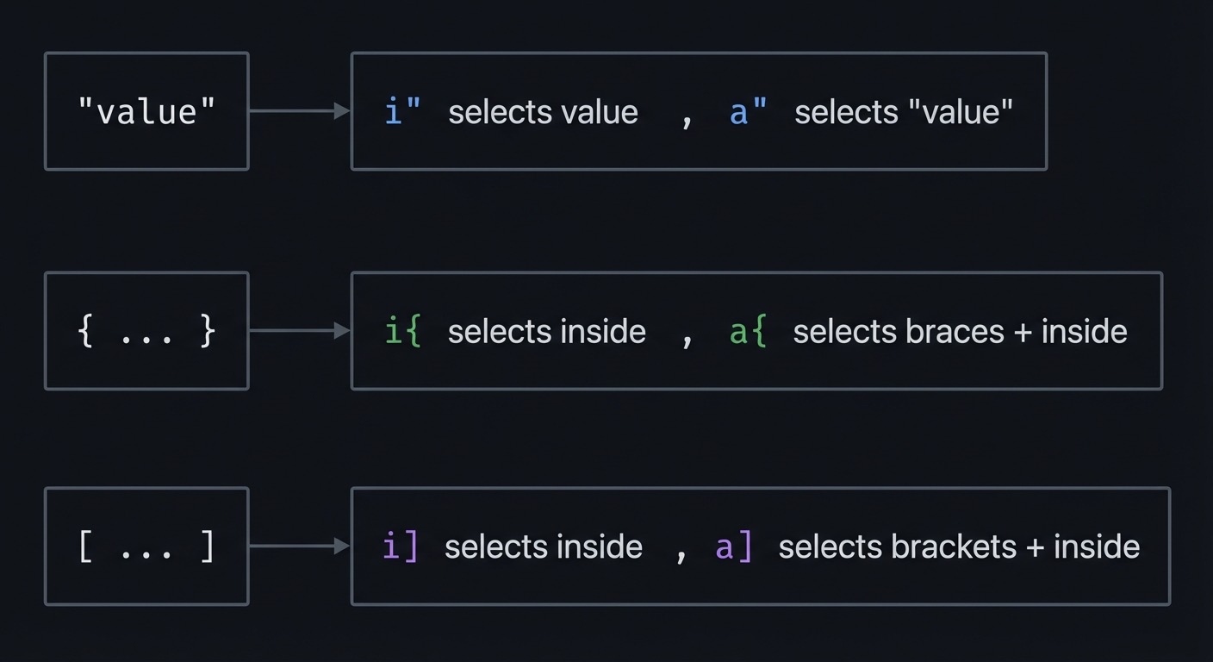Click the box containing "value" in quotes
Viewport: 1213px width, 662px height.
(146, 111)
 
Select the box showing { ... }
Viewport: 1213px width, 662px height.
(146, 331)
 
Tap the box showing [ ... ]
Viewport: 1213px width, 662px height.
(146, 546)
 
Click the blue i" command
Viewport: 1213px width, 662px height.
(403, 111)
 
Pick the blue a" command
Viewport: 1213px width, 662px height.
(748, 111)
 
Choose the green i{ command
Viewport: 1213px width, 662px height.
(403, 331)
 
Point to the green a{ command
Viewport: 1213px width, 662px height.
(748, 331)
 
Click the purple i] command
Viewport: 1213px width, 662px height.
(400, 546)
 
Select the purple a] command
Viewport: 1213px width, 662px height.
(734, 546)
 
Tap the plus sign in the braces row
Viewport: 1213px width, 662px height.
(1023, 332)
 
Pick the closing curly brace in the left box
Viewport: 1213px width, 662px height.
(207, 331)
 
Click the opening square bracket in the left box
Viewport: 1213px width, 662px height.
(85, 546)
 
